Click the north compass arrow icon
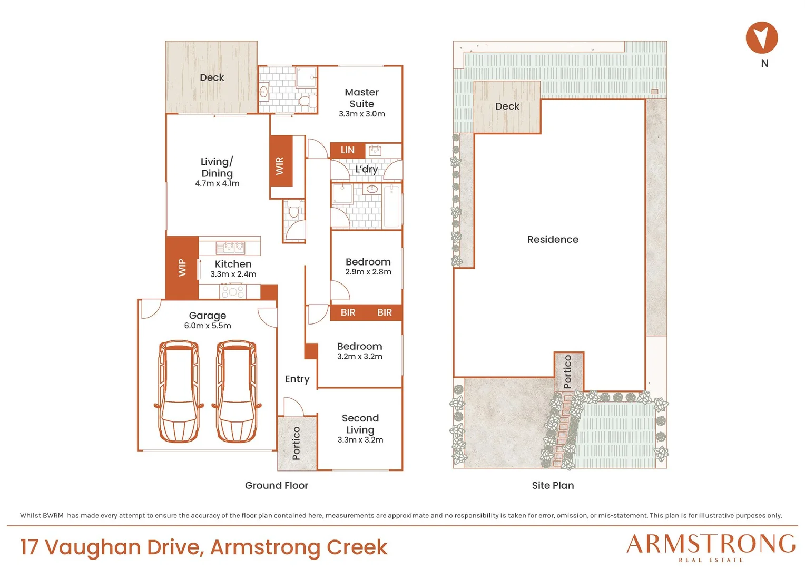761,37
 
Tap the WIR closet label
280,166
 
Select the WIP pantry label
182,268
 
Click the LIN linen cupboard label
348,150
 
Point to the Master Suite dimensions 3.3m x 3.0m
361,114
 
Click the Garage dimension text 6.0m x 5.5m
208,326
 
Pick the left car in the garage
179,391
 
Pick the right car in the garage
236,391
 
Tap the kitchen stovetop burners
232,291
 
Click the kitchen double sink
230,248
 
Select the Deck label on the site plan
507,106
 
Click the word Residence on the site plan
553,239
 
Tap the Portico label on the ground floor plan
296,443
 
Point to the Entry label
297,379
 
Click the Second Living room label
360,424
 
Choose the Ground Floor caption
277,486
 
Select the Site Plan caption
553,486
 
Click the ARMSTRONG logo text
711,544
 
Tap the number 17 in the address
30,547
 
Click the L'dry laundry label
366,169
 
